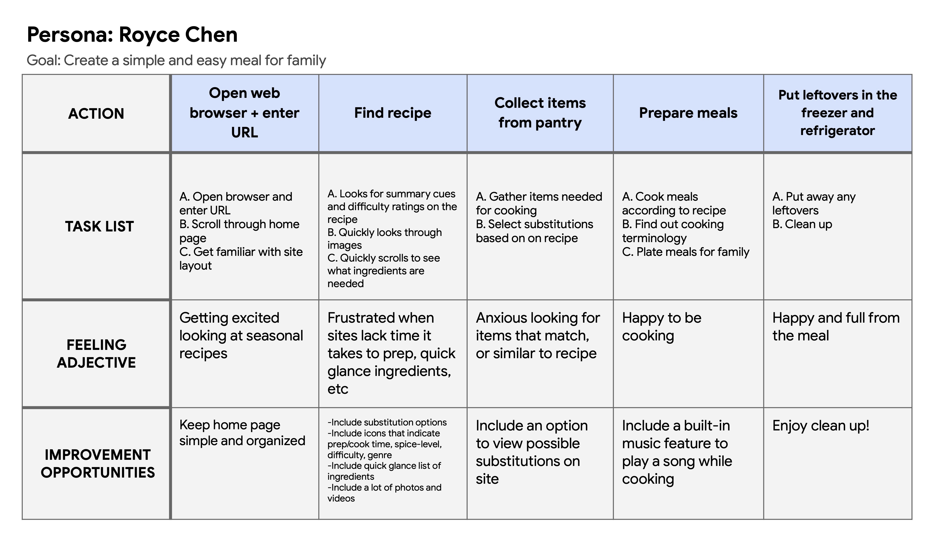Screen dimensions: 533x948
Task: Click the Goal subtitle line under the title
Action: [176, 60]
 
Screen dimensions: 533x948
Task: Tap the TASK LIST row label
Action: [99, 226]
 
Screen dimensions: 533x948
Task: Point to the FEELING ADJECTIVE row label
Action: [96, 353]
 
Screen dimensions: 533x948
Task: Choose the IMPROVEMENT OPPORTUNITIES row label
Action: [97, 464]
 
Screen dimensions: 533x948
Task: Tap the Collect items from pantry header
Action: [540, 113]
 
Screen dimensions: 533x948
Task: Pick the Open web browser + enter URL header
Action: [244, 113]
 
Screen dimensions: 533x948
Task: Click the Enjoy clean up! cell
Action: [821, 426]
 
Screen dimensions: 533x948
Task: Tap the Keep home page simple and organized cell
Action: [242, 433]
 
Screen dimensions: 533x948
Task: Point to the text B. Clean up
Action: [802, 224]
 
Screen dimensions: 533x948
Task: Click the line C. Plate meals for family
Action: [685, 252]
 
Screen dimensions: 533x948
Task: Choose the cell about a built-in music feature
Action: [677, 452]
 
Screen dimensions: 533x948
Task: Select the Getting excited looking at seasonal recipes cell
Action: [241, 335]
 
